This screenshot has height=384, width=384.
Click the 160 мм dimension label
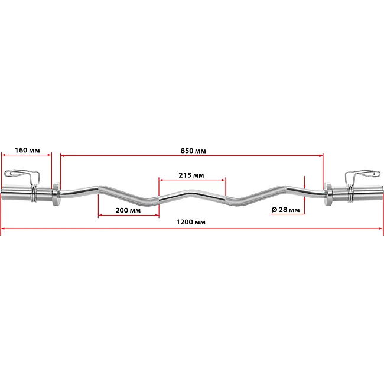click(27, 150)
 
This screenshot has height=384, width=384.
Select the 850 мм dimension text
click(193, 151)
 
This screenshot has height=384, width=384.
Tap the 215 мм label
click(191, 175)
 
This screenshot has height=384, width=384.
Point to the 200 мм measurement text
click(128, 210)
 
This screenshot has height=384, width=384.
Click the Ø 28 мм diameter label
click(285, 209)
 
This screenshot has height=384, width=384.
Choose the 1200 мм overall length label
click(191, 222)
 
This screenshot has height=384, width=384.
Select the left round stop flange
click(56, 191)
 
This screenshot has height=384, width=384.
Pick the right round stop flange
click(328, 191)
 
